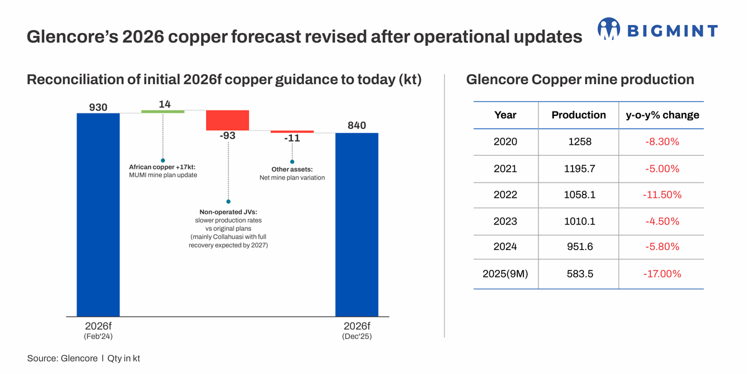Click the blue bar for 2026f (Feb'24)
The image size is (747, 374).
pyautogui.click(x=98, y=214)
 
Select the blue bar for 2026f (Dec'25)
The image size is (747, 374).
pyautogui.click(x=357, y=224)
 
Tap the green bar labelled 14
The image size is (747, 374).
pyautogui.click(x=162, y=112)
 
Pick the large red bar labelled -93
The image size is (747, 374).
pyautogui.click(x=227, y=120)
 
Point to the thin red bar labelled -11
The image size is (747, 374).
pyautogui.click(x=292, y=132)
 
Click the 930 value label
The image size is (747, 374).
pyautogui.click(x=98, y=107)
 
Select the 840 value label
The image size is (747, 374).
pyautogui.click(x=357, y=125)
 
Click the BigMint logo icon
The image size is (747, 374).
pyautogui.click(x=609, y=29)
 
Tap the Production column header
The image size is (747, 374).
pyautogui.click(x=578, y=115)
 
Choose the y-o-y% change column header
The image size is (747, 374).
pyautogui.click(x=662, y=115)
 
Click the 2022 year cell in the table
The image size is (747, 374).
pyautogui.click(x=505, y=195)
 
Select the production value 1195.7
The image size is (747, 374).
pyautogui.click(x=580, y=168)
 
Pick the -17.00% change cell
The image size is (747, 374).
pyautogui.click(x=662, y=274)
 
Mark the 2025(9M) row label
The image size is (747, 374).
pyautogui.click(x=505, y=274)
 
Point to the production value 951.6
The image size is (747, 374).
pyautogui.click(x=580, y=247)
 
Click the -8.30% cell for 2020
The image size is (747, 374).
pyautogui.click(x=662, y=142)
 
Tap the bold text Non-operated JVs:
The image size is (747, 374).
pyautogui.click(x=228, y=212)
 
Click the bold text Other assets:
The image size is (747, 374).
pyautogui.click(x=292, y=170)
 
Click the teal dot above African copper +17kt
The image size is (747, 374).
pyautogui.click(x=162, y=160)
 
